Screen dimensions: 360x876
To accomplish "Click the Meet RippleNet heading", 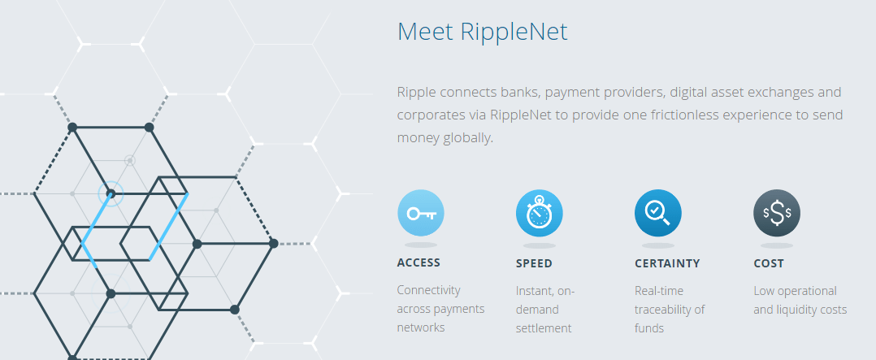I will [482, 32].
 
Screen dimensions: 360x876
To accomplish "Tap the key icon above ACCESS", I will [421, 214].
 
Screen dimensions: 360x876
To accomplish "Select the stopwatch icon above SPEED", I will [540, 214].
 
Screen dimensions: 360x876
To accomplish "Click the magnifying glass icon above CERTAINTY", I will [657, 213].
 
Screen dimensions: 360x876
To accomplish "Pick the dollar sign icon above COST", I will [777, 214].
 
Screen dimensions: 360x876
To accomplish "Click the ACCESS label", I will [418, 262].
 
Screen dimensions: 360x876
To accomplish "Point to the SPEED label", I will [534, 263].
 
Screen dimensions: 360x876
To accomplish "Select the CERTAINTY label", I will [667, 263].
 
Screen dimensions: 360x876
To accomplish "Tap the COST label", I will [769, 263].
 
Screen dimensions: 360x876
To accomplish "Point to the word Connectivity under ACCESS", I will [428, 290].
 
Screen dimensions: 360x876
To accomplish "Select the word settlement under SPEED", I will [544, 328].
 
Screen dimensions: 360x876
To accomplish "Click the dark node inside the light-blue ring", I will [111, 193].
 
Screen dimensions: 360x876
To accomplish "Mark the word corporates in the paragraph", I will [430, 115].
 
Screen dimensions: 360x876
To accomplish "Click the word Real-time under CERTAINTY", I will [659, 290].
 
